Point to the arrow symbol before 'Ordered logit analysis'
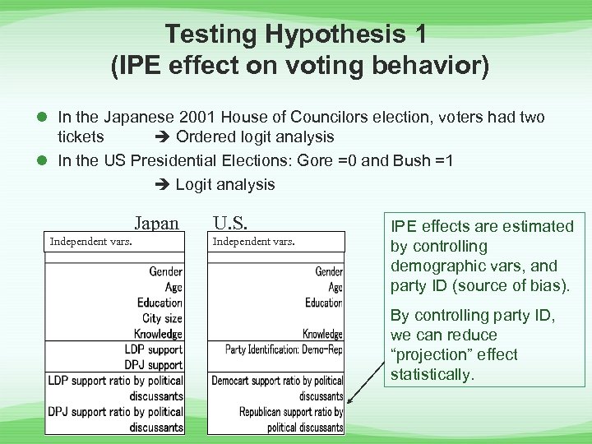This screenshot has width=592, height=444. [x=162, y=137]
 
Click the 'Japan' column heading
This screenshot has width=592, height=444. [x=155, y=223]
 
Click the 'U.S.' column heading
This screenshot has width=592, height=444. [x=231, y=223]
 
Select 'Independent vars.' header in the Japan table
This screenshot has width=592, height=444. [x=92, y=241]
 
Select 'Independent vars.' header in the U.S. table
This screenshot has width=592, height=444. [x=253, y=241]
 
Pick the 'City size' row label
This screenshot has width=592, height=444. [x=162, y=318]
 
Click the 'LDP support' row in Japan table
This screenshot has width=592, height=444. [x=153, y=349]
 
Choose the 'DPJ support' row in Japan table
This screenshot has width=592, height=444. [x=153, y=365]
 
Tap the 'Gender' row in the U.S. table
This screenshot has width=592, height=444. [x=329, y=271]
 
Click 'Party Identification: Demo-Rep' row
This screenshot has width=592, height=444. [x=284, y=349]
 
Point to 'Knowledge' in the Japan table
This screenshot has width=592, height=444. [x=159, y=334]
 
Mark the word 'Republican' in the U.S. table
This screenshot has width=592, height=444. [x=266, y=412]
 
